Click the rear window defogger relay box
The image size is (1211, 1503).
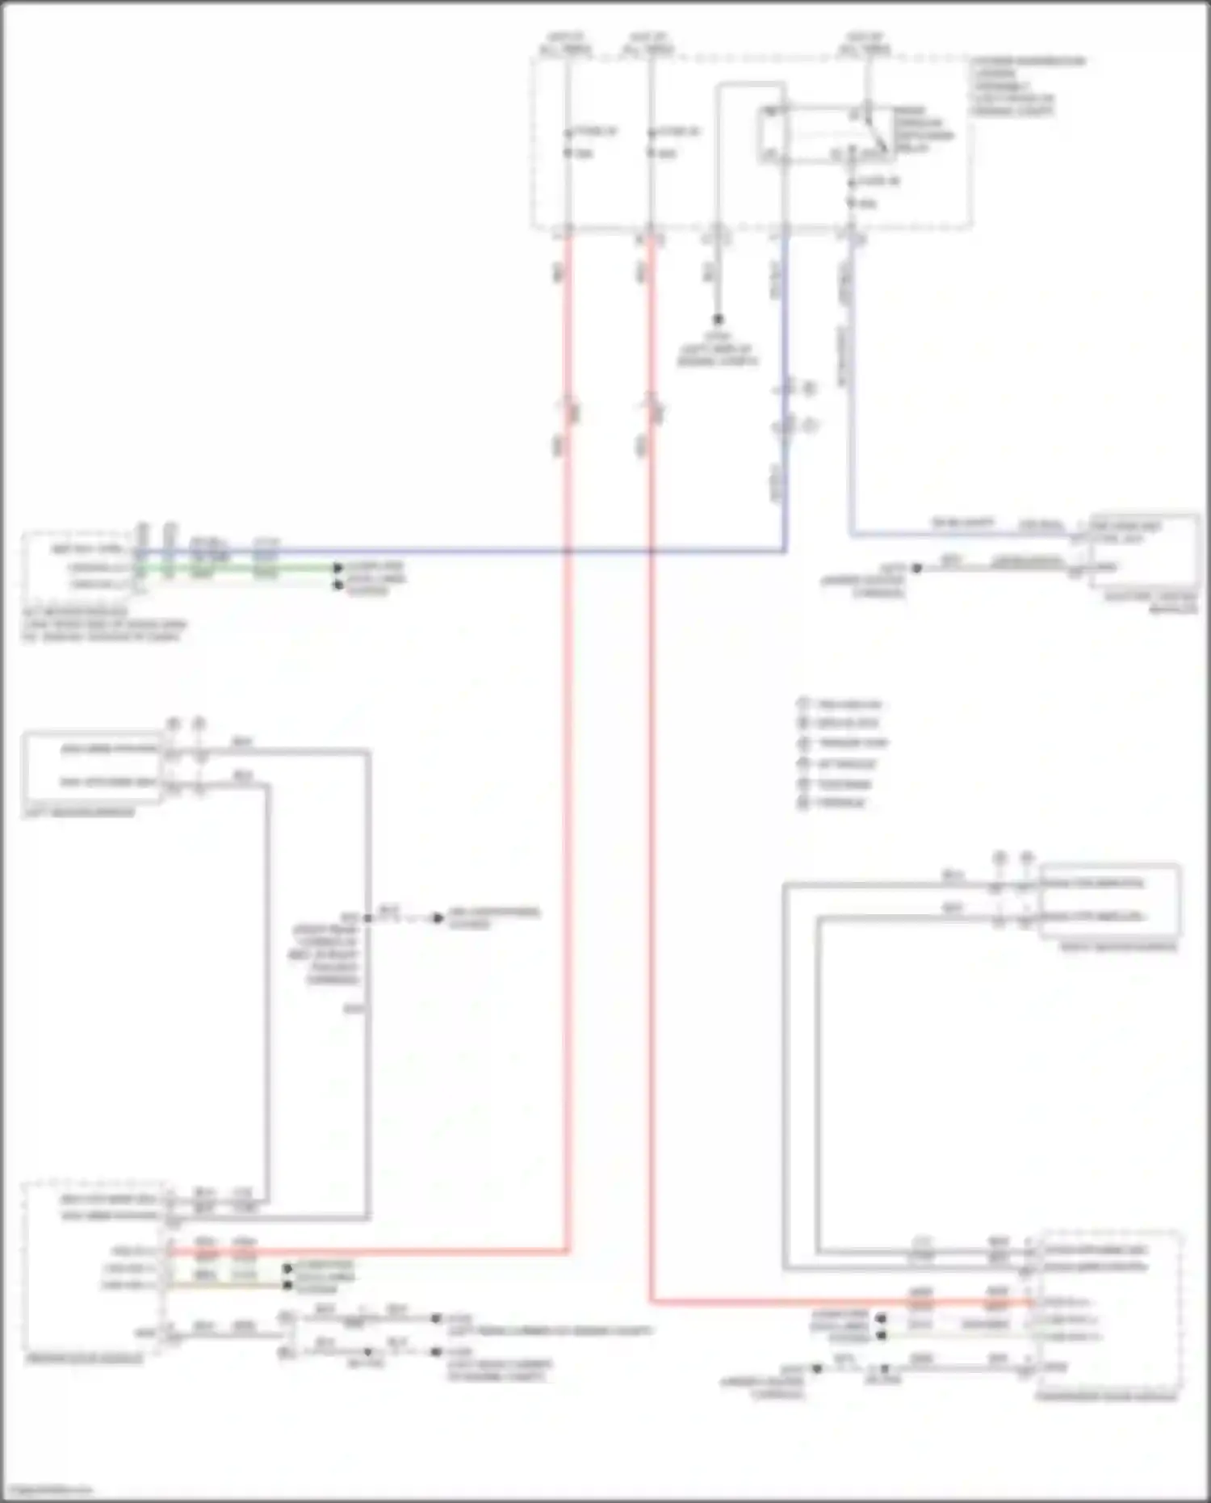click(x=823, y=134)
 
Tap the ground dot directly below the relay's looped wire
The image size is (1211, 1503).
click(x=717, y=319)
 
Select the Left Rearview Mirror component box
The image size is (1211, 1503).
click(x=93, y=767)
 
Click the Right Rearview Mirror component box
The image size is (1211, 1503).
click(x=1109, y=901)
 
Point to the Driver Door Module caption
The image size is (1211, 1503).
click(x=84, y=1359)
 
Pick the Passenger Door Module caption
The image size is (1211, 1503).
click(x=1106, y=1396)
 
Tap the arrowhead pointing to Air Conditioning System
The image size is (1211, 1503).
click(x=438, y=918)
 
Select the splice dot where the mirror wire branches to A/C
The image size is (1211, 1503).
click(x=368, y=918)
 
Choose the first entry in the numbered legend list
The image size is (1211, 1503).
click(x=840, y=704)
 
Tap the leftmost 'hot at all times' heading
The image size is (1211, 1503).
click(x=565, y=43)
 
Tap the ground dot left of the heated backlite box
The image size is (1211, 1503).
click(x=916, y=568)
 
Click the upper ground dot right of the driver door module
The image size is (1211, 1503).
click(x=436, y=1318)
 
